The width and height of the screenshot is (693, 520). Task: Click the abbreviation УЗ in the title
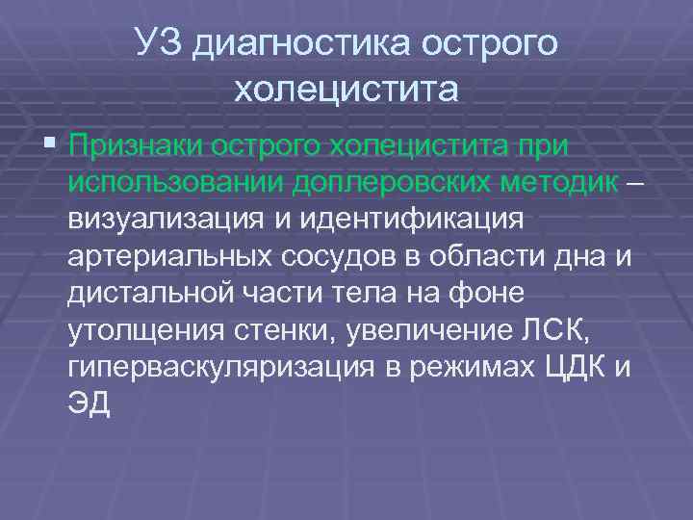point(159,43)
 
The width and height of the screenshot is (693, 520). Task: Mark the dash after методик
point(630,183)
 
